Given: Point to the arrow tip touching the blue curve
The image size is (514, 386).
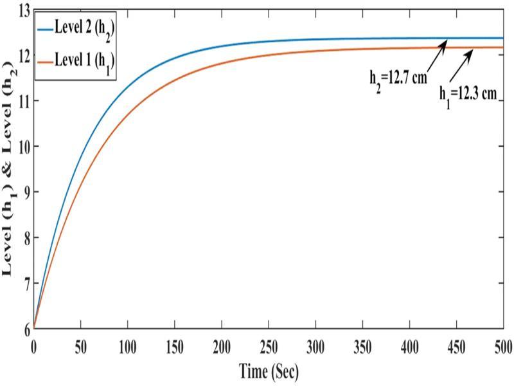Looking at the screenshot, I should point(447,40).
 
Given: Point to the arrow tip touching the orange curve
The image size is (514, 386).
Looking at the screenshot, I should point(473,50).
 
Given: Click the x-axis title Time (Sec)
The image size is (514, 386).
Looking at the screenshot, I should point(269,371).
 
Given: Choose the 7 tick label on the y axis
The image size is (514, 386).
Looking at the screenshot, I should point(26,283).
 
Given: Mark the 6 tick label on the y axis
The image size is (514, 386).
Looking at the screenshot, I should point(26,328).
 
